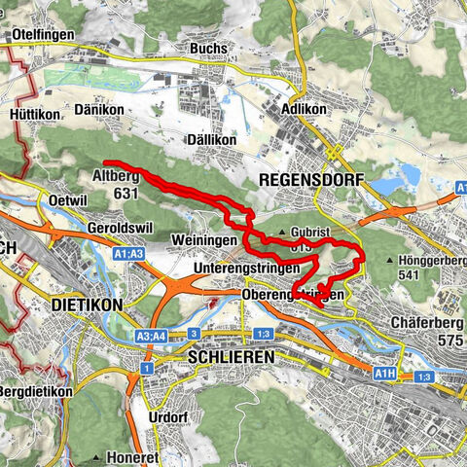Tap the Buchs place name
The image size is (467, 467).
coord(209,48)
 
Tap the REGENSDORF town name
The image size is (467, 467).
coord(310,180)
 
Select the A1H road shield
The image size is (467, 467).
coord(385,372)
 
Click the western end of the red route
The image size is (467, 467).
coord(104,162)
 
